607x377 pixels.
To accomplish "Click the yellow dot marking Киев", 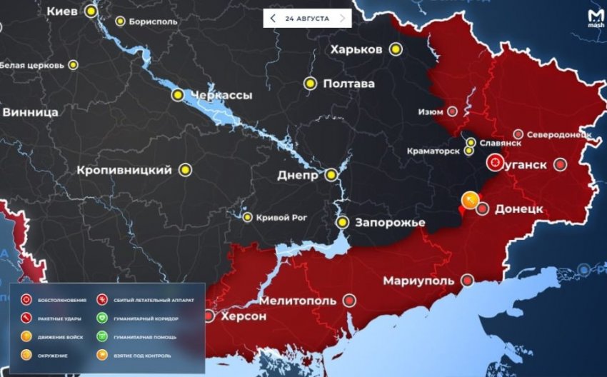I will (x=91, y=11).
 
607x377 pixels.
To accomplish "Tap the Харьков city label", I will (x=356, y=49).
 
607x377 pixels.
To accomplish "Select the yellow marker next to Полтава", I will (x=309, y=84).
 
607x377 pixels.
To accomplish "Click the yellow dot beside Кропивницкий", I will (x=186, y=170).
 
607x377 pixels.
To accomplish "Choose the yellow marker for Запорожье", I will (x=343, y=223).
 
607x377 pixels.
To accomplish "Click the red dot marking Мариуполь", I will (x=468, y=280).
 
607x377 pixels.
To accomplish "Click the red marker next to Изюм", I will (x=452, y=111).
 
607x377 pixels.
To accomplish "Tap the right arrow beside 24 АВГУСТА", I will (x=342, y=19).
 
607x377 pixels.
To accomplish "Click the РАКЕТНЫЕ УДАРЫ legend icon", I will (x=26, y=318).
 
